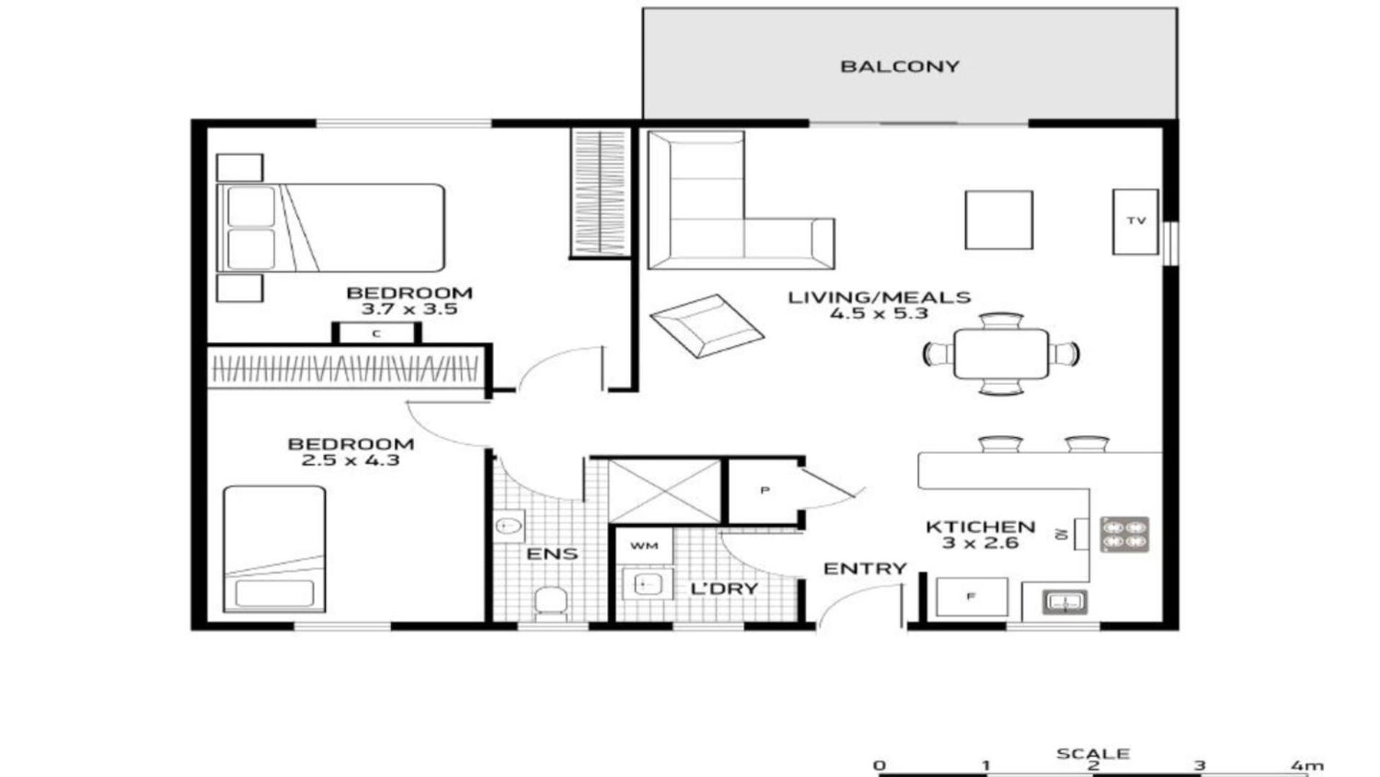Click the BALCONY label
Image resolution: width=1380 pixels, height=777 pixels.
[900, 67]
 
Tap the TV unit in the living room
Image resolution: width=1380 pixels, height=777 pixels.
[1135, 222]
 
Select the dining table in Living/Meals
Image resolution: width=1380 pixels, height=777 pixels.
[1001, 353]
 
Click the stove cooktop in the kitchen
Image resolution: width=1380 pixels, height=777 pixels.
[1125, 535]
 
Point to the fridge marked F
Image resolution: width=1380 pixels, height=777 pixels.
[972, 596]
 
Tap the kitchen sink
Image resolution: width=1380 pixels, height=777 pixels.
[1064, 601]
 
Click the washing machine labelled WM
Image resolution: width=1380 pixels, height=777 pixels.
[644, 546]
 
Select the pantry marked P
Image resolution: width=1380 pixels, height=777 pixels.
[764, 491]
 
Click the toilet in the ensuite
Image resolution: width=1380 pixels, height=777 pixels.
[551, 604]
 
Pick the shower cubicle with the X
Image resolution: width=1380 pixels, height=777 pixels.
[664, 491]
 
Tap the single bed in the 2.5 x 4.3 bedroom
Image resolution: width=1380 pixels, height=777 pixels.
[274, 549]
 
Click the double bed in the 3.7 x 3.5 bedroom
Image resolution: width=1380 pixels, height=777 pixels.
[331, 227]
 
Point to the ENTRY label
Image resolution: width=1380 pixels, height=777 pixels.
[864, 569]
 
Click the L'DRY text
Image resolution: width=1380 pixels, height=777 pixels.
[724, 589]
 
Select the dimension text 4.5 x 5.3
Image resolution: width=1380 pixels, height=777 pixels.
[879, 314]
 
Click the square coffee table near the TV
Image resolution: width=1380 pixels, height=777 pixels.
[999, 220]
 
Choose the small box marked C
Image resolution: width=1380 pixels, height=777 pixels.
[376, 333]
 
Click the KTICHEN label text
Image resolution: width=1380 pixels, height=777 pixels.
[980, 527]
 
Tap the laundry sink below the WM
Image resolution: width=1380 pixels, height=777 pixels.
[645, 584]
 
